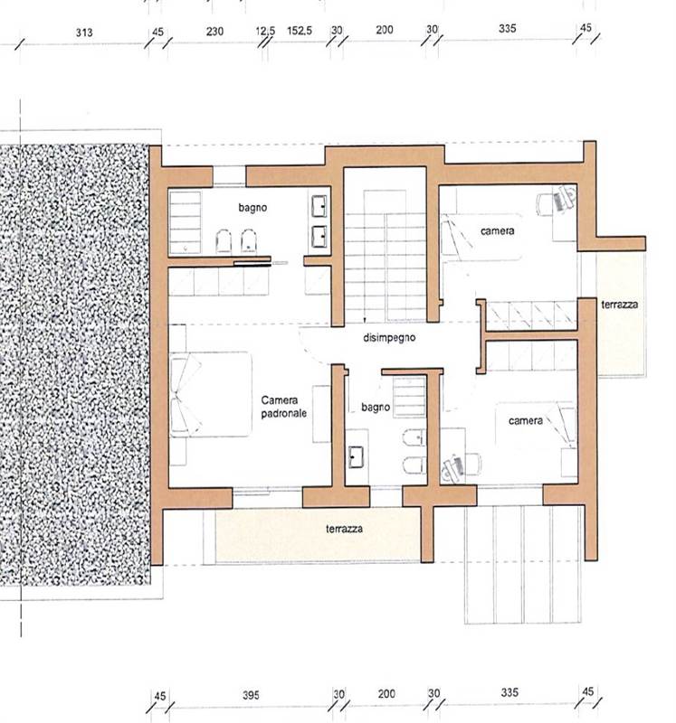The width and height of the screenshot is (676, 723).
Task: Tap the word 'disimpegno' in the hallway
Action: [389, 337]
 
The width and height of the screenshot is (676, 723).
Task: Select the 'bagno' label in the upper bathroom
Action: [253, 208]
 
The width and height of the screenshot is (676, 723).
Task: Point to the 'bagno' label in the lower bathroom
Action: [375, 408]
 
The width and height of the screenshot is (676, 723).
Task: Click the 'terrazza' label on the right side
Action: [620, 305]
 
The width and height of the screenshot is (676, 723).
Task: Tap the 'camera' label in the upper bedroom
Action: [498, 231]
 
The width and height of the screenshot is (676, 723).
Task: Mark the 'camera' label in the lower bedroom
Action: [525, 420]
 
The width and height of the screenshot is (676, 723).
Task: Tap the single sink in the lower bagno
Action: [356, 456]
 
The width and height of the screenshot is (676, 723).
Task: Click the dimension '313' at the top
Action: [85, 31]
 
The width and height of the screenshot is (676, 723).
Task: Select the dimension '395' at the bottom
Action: [251, 695]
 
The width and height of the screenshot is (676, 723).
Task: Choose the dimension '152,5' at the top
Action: [300, 31]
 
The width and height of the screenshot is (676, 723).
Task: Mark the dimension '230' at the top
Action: [214, 31]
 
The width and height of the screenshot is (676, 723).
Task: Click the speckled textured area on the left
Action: [77, 361]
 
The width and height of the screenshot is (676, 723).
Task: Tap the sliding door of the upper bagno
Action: [252, 263]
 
